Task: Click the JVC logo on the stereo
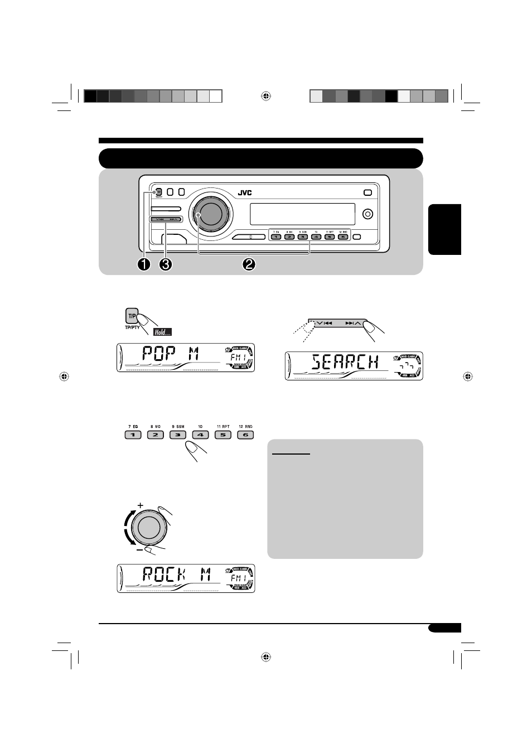(x=245, y=193)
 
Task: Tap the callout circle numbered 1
(x=144, y=264)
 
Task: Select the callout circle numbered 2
(x=249, y=264)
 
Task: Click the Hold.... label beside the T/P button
(x=162, y=332)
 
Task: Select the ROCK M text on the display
(x=176, y=575)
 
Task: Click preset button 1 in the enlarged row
(x=133, y=435)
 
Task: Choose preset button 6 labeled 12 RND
(x=245, y=435)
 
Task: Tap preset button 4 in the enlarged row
(x=200, y=435)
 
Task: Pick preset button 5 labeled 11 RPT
(x=223, y=435)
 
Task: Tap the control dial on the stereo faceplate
(x=208, y=214)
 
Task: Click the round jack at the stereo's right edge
(x=367, y=214)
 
